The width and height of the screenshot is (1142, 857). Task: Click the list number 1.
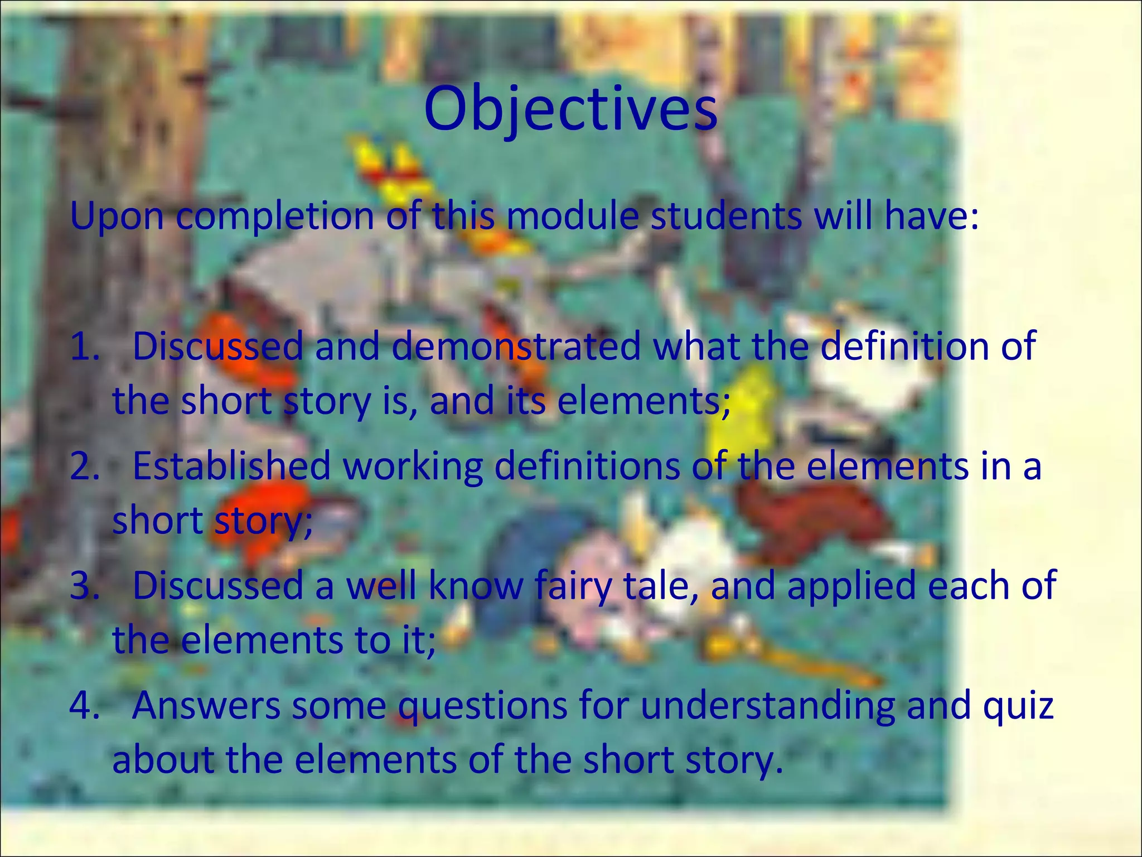(84, 346)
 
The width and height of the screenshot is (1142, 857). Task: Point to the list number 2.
(84, 466)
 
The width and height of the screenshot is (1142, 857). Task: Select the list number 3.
(84, 586)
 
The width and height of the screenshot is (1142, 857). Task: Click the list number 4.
(84, 706)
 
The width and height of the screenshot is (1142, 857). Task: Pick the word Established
(231, 466)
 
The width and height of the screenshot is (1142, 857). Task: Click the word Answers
(206, 706)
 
